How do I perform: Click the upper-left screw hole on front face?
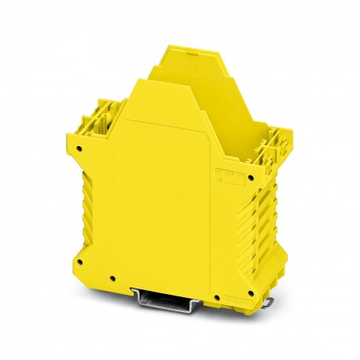point(81,145)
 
